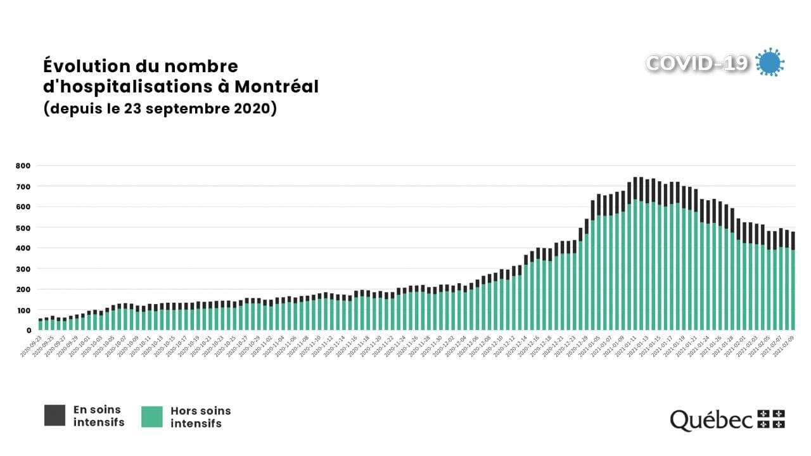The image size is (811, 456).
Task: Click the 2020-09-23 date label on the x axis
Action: coord(32,347)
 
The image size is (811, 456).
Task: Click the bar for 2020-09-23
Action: coord(41,324)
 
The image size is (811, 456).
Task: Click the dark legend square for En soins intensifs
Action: coord(54,415)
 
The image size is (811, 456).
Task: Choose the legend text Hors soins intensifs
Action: coord(200,417)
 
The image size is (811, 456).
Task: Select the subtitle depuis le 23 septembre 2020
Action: coord(160,108)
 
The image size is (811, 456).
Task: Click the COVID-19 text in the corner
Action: coord(697,63)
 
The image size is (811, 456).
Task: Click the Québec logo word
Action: coord(711,419)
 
